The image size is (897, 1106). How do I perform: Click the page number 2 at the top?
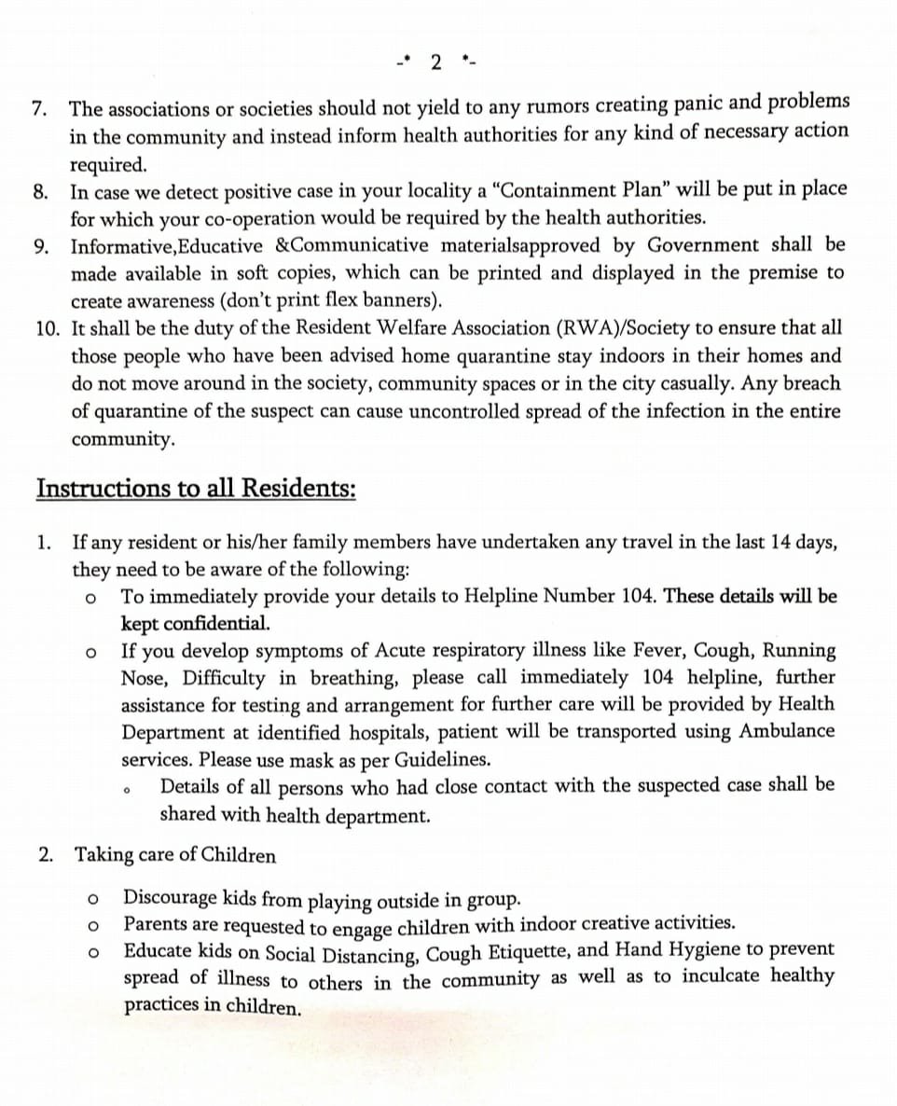[x=436, y=62]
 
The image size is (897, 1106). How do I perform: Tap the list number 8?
[x=40, y=193]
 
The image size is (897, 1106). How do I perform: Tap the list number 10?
[x=48, y=328]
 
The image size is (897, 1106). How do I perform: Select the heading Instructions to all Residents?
[x=196, y=489]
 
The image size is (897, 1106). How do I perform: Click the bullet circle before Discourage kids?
[x=91, y=901]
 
